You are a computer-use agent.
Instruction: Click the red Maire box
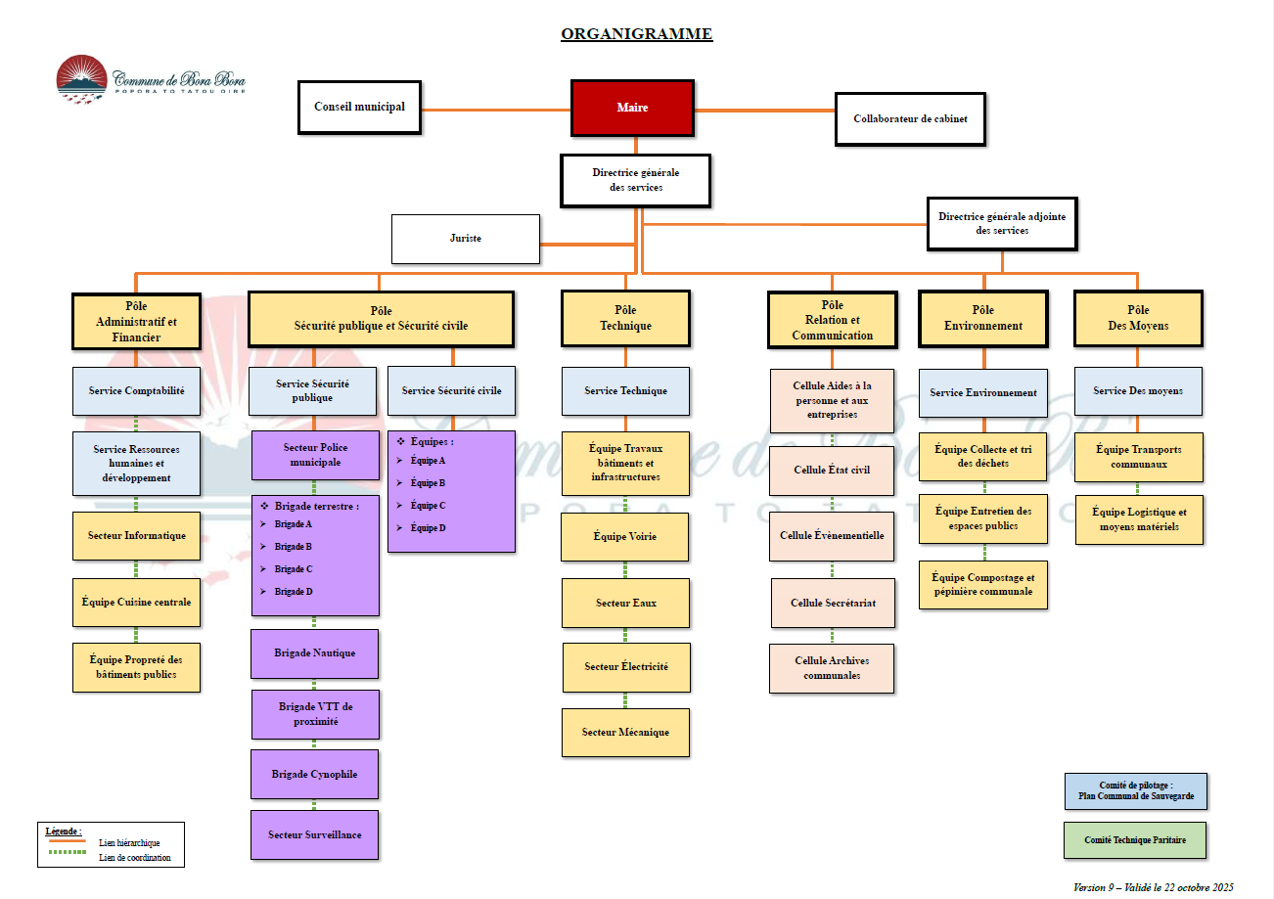click(x=632, y=108)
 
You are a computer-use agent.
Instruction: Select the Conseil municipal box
click(x=359, y=107)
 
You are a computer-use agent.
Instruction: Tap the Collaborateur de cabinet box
click(x=910, y=119)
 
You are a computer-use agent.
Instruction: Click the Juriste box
click(x=466, y=239)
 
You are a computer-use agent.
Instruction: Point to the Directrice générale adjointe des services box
click(x=1002, y=224)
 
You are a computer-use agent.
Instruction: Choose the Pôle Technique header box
click(x=625, y=318)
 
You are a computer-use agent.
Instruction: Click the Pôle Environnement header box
click(x=983, y=318)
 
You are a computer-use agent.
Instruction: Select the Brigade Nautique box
click(x=315, y=653)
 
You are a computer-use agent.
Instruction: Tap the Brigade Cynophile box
click(x=315, y=774)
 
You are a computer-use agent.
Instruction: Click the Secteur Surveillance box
click(x=315, y=834)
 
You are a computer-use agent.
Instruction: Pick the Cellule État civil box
click(x=832, y=471)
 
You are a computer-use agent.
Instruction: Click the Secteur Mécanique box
click(x=625, y=733)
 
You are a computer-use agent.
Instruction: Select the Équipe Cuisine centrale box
click(x=137, y=603)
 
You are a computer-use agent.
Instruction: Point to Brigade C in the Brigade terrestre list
click(x=294, y=569)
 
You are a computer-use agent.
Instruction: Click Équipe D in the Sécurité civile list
click(x=428, y=528)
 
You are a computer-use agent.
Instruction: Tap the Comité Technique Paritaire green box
click(x=1135, y=840)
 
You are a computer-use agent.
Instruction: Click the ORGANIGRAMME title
click(x=637, y=35)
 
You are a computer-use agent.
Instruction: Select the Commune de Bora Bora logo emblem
click(x=81, y=78)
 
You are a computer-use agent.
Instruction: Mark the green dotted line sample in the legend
click(x=66, y=853)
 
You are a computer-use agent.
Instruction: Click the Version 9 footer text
click(x=1153, y=887)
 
